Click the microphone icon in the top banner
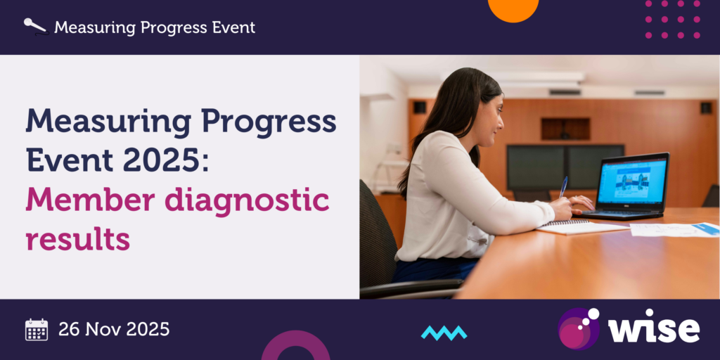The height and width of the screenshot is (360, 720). tap(36, 27)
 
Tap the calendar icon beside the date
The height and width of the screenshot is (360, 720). tap(37, 329)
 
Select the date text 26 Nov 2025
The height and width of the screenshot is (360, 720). tap(114, 329)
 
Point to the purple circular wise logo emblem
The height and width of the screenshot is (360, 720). tap(579, 328)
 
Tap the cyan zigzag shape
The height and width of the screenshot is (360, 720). tap(444, 333)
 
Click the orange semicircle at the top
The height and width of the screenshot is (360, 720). tap(513, 9)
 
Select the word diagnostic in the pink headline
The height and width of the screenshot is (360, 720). tap(247, 201)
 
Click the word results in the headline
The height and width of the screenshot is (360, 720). tap(77, 238)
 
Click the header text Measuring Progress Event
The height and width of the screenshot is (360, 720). tap(155, 27)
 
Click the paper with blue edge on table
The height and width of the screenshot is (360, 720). tap(674, 229)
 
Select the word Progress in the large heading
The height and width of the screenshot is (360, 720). tap(269, 122)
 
